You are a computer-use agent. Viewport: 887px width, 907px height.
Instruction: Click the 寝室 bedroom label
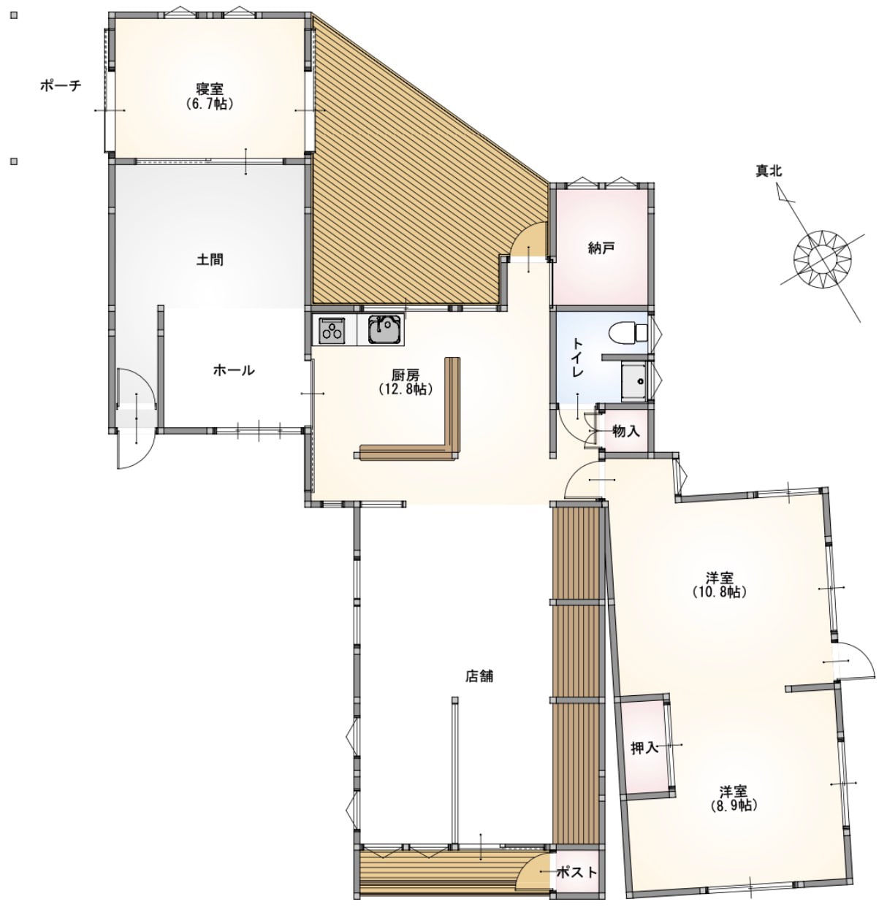pyautogui.click(x=210, y=88)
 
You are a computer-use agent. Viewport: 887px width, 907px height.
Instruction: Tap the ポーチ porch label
pyautogui.click(x=61, y=85)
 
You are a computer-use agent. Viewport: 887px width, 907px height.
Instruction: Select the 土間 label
pyautogui.click(x=210, y=259)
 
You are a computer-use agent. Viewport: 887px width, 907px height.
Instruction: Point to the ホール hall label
pyautogui.click(x=234, y=370)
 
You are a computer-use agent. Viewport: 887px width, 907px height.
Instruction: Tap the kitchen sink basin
pyautogui.click(x=385, y=330)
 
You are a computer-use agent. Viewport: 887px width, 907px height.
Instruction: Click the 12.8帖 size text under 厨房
pyautogui.click(x=406, y=389)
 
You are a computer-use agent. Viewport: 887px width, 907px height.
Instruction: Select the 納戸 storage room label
pyautogui.click(x=601, y=248)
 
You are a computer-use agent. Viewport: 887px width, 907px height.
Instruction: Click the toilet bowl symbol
pyautogui.click(x=627, y=333)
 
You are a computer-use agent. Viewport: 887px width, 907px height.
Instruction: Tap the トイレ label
pyautogui.click(x=578, y=358)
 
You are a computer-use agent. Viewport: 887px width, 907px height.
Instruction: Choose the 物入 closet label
pyautogui.click(x=626, y=432)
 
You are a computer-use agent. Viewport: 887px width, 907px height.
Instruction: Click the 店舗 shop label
pyautogui.click(x=479, y=676)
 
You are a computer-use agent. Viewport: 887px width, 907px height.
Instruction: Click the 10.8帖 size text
pyautogui.click(x=720, y=592)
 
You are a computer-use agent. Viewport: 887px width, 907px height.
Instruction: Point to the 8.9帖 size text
pyautogui.click(x=734, y=805)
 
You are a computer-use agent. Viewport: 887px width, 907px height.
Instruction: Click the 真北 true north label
pyautogui.click(x=769, y=171)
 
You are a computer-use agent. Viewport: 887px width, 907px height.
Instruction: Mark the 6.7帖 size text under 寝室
pyautogui.click(x=210, y=104)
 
